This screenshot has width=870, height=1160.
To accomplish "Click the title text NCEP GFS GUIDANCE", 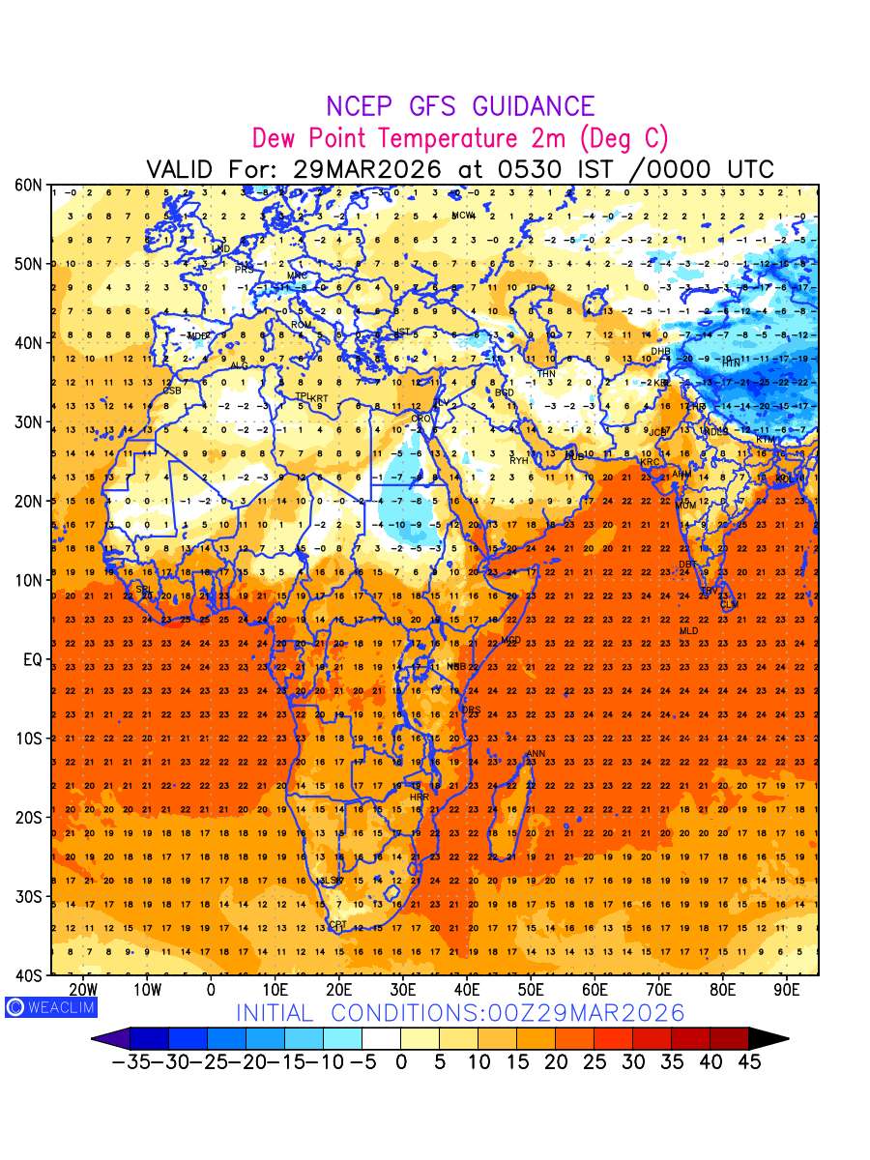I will (460, 106).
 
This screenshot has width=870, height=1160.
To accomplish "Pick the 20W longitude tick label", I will (84, 990).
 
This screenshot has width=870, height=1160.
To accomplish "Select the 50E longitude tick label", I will (531, 990).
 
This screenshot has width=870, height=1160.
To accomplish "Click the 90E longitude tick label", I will (787, 990).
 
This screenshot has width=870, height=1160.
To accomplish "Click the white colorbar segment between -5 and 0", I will (381, 1039).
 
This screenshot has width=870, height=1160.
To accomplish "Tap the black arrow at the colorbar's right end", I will (768, 1039).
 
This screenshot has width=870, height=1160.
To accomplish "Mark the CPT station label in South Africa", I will (337, 925).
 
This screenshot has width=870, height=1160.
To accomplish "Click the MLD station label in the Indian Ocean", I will (688, 631).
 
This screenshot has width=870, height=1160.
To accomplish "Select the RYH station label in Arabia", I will (519, 460).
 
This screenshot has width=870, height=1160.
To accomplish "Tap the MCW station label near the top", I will (464, 215).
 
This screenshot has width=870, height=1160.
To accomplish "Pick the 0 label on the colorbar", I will (400, 1062).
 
